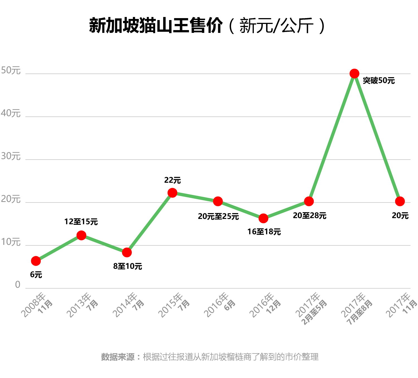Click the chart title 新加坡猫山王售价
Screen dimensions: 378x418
click(x=156, y=26)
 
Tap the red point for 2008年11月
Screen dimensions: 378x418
click(x=36, y=261)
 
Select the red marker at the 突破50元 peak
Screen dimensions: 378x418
click(x=354, y=74)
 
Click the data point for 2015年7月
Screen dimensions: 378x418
click(x=172, y=192)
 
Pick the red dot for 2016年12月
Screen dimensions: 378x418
click(x=263, y=218)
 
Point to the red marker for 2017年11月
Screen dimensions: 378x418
click(x=400, y=201)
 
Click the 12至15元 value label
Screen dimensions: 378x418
click(x=81, y=222)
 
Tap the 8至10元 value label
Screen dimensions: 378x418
click(x=128, y=266)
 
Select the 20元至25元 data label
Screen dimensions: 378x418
click(x=218, y=216)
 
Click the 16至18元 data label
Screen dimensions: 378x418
click(x=264, y=232)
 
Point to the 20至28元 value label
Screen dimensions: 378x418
click(x=310, y=216)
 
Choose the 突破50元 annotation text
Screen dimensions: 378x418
click(x=379, y=81)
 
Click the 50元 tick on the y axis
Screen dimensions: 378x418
click(x=11, y=71)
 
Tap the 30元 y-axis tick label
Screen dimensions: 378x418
click(x=11, y=157)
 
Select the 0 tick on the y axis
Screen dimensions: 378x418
click(x=18, y=285)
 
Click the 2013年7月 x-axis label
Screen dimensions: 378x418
click(x=82, y=305)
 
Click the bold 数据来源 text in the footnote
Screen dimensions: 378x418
click(x=118, y=357)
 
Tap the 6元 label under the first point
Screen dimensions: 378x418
click(x=36, y=275)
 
